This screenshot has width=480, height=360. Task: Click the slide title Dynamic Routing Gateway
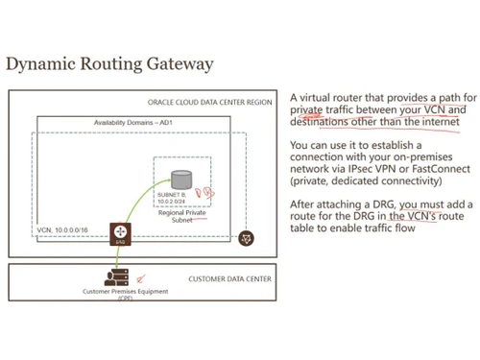tap(109, 64)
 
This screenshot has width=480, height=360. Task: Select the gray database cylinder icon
tap(180, 179)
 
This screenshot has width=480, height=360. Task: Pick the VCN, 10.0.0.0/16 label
tap(62, 231)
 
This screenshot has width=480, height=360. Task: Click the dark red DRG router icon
tap(120, 232)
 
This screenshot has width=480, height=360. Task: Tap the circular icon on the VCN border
tap(248, 236)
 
